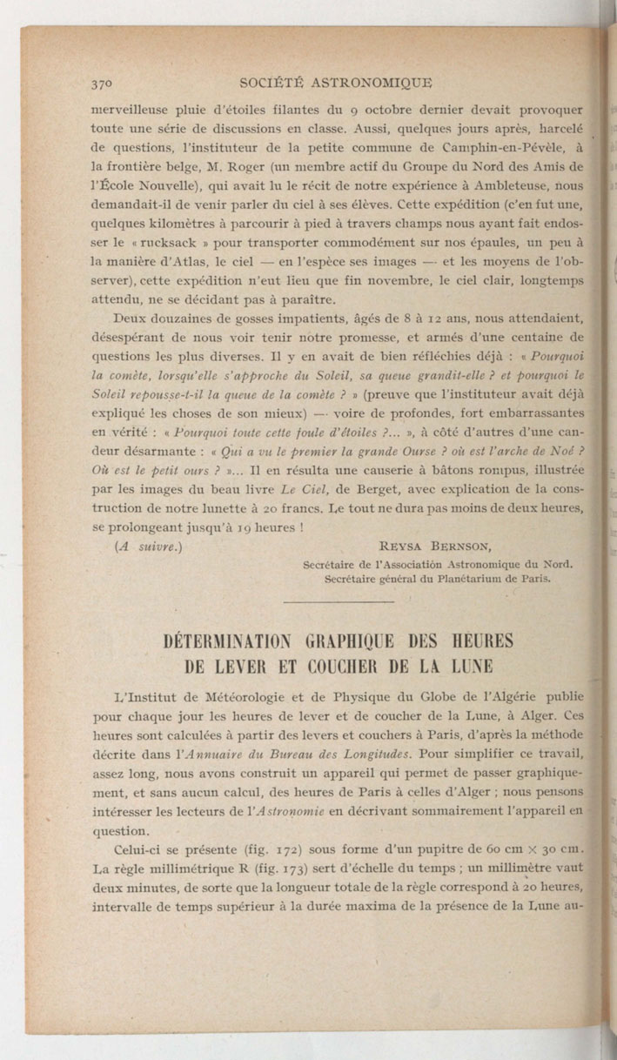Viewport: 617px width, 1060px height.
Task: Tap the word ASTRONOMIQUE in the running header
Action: pyautogui.click(x=368, y=84)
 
